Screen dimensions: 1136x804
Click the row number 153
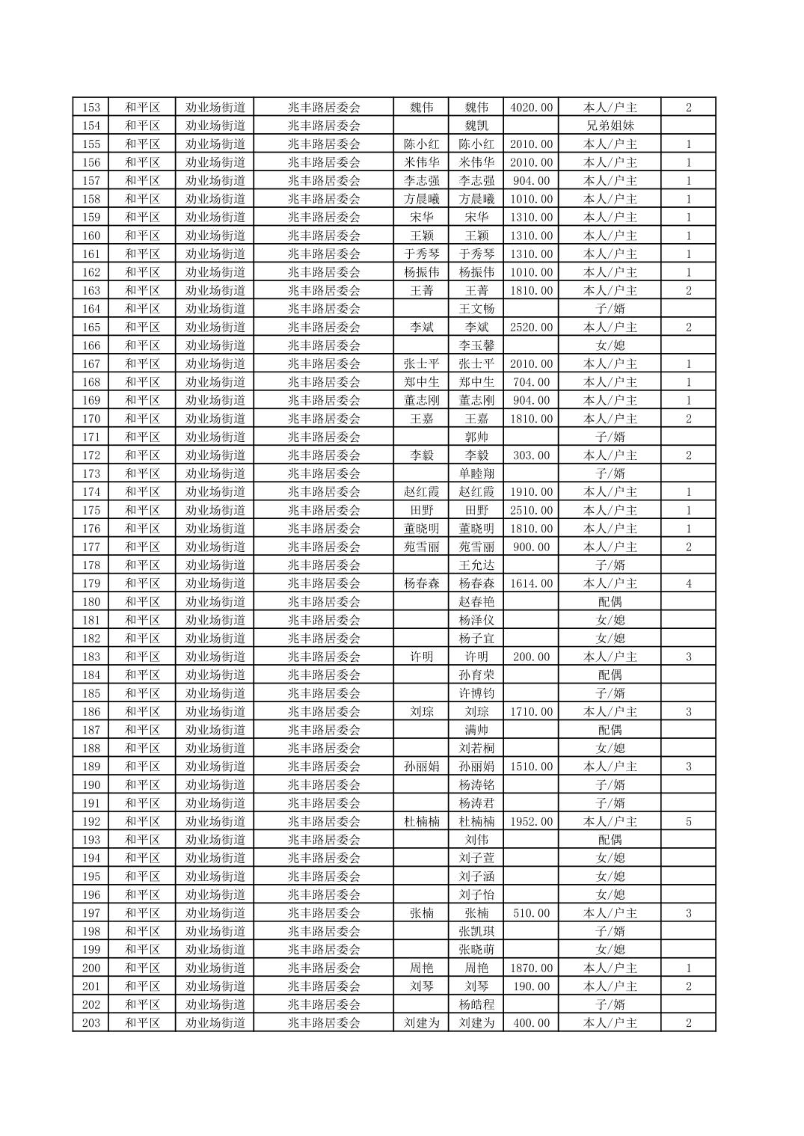90,107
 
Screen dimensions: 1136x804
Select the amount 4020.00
531,107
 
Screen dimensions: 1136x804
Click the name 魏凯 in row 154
476,126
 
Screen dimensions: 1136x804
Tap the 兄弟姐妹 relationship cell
610,126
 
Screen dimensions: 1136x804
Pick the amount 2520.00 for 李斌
531,327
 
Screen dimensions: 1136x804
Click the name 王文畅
476,309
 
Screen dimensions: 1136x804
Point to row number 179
90,583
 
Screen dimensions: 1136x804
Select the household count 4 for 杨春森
688,583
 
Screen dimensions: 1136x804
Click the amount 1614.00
531,583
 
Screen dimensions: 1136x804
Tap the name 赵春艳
476,602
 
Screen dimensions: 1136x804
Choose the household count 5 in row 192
688,821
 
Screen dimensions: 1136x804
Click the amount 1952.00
531,821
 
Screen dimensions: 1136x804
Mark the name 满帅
476,730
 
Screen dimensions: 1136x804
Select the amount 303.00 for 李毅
531,455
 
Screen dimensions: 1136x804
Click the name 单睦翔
476,473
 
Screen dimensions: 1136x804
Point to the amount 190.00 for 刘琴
531,986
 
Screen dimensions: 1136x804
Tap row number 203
90,1023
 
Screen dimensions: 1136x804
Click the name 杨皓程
476,1004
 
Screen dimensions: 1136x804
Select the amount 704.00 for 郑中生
531,382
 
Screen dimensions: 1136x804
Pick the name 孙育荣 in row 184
476,675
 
